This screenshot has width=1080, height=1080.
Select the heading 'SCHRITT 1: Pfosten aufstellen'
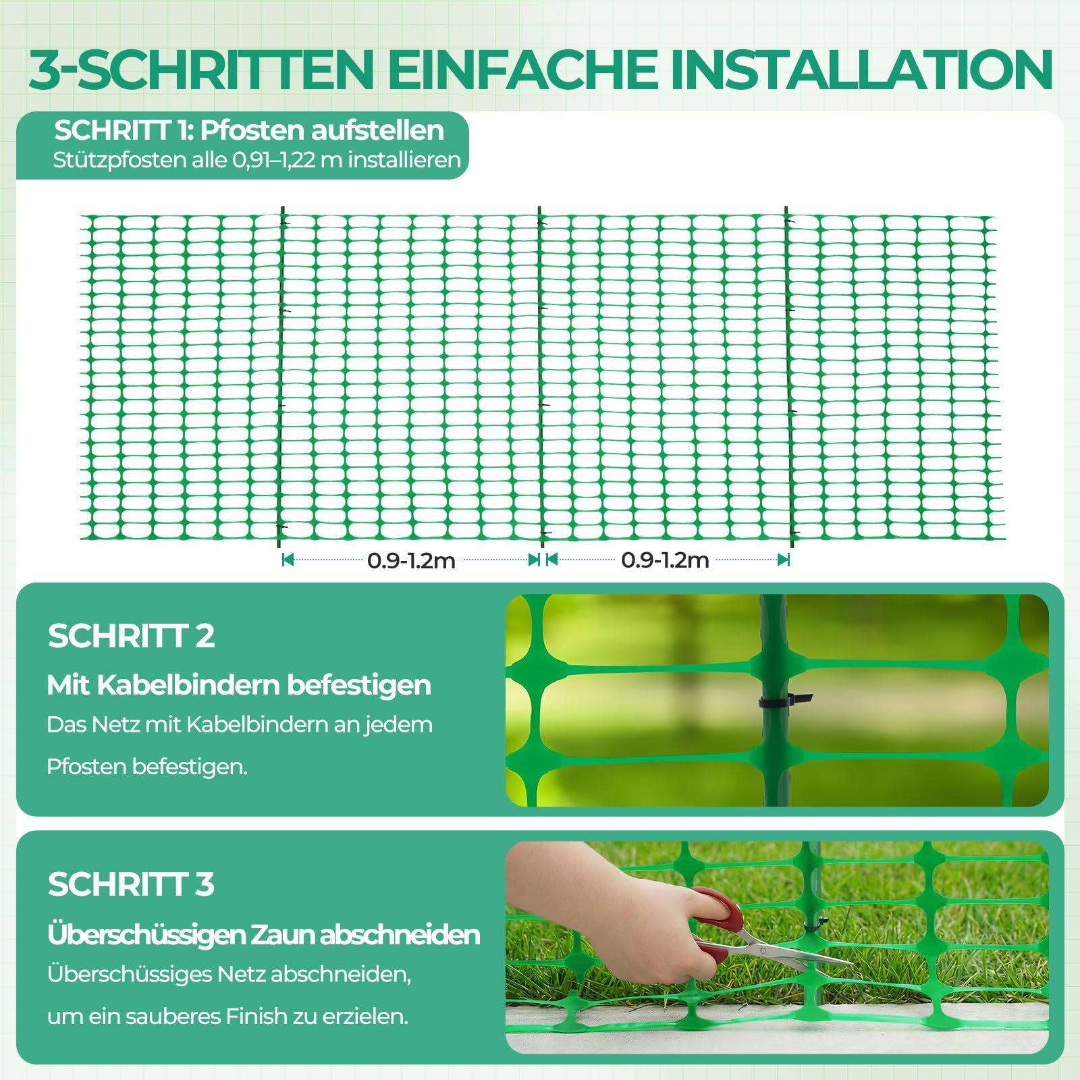(x=249, y=130)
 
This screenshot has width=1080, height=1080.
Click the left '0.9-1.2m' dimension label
(x=411, y=560)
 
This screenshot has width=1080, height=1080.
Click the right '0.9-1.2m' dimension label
(x=665, y=560)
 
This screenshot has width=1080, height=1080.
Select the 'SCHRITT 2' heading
(x=131, y=636)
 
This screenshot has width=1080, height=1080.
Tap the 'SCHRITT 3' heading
(x=131, y=884)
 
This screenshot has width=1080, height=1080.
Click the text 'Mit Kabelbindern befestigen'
(x=239, y=685)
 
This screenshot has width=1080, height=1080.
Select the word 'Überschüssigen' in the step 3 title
(x=146, y=935)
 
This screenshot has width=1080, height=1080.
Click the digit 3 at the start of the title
(x=45, y=69)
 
